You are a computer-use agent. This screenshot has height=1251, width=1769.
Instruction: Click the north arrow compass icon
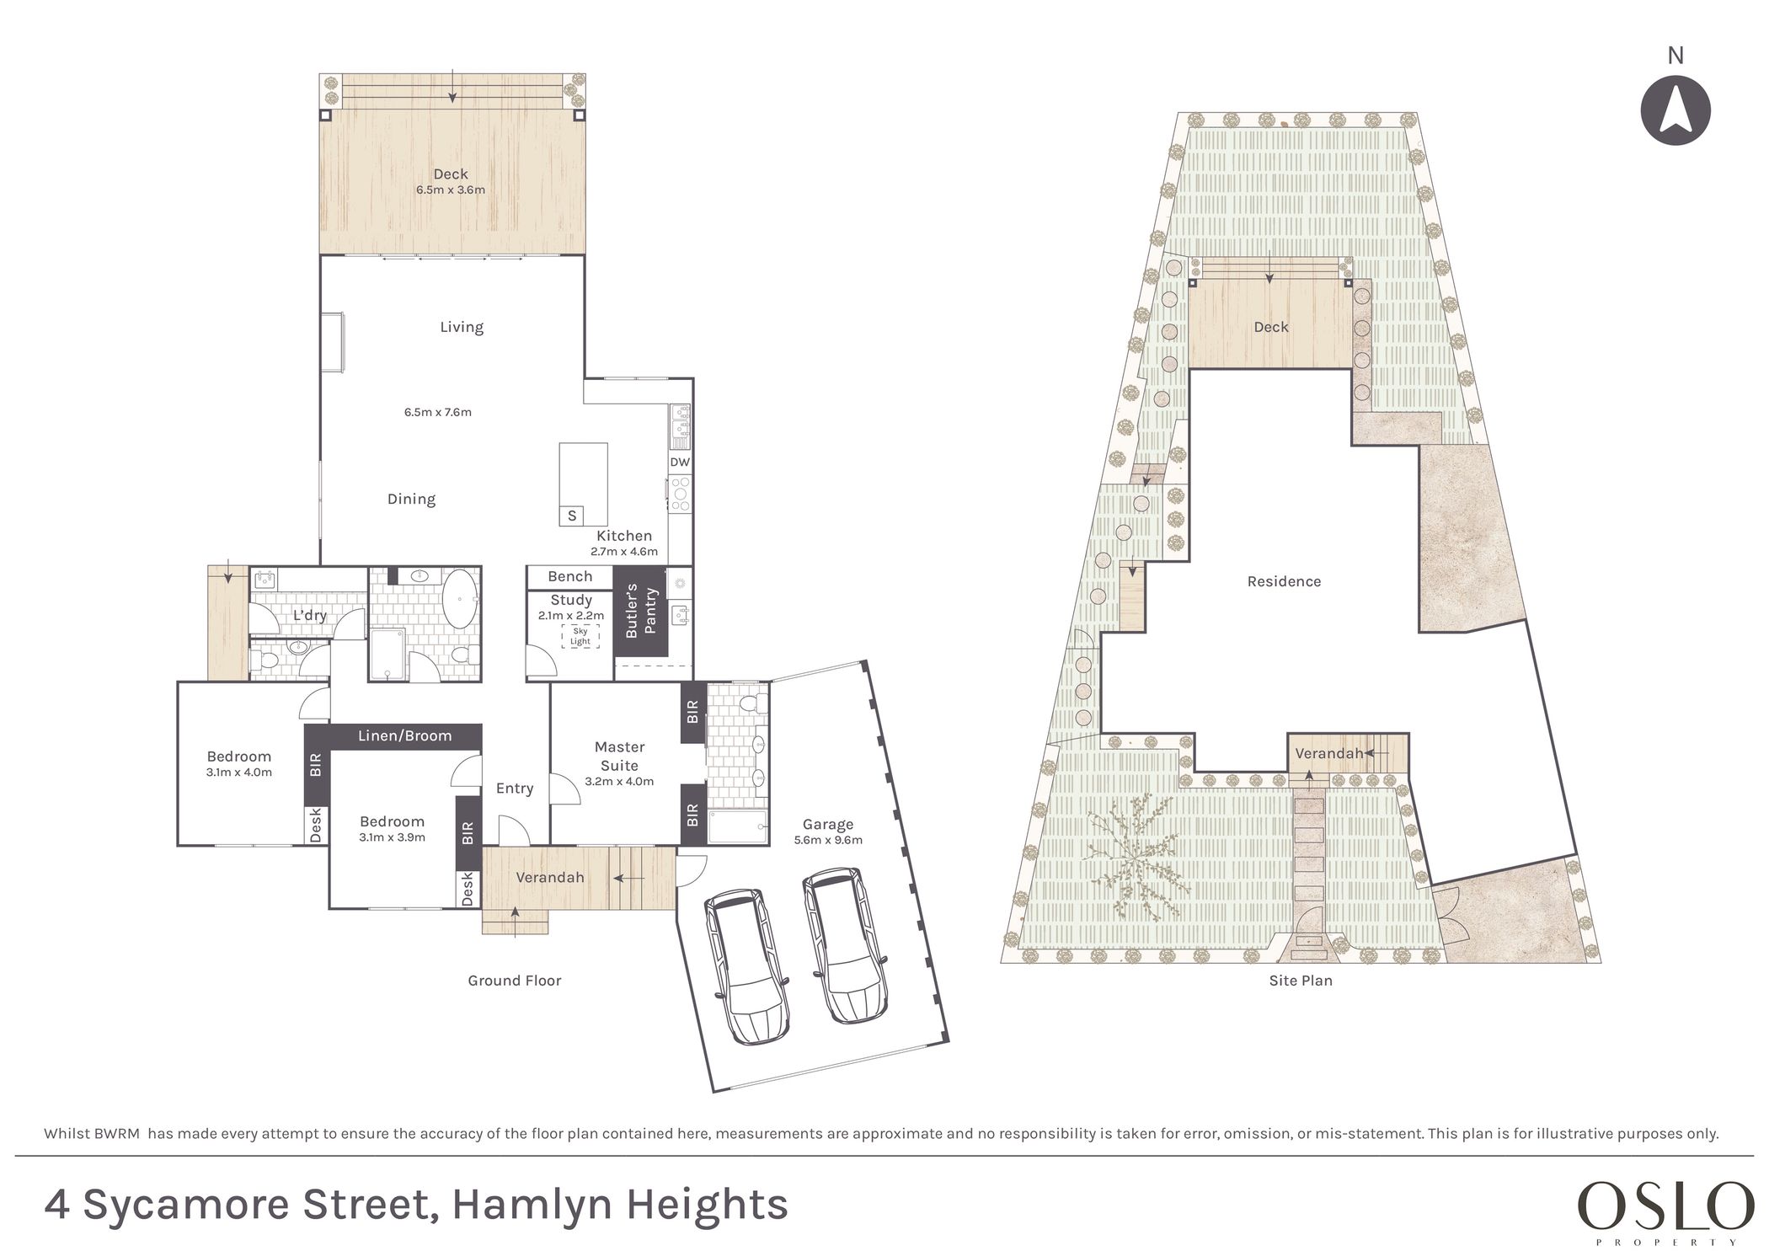[1675, 110]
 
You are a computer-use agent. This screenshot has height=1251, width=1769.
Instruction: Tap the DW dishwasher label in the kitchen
[680, 462]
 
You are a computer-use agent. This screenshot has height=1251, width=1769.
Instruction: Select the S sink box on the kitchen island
[572, 516]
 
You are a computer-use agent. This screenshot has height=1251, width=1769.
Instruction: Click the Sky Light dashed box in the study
[580, 636]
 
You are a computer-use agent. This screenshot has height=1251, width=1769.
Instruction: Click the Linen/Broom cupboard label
[404, 735]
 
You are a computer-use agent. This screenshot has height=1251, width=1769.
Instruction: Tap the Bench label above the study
[569, 577]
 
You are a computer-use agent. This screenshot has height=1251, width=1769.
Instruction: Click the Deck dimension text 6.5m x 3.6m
[451, 190]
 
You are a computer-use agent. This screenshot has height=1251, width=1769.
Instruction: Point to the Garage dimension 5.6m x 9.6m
[828, 840]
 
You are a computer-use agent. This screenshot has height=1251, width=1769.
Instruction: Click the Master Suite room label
[619, 756]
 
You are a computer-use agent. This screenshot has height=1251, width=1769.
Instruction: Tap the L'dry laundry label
[309, 616]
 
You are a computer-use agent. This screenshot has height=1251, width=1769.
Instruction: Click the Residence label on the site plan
[1284, 581]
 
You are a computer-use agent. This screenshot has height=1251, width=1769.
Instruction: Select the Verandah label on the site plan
[1329, 753]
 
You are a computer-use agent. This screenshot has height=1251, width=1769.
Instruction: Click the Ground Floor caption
[515, 981]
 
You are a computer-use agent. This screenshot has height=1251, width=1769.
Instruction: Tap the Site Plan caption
[1301, 981]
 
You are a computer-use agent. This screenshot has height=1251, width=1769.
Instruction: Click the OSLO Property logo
[1665, 1211]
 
